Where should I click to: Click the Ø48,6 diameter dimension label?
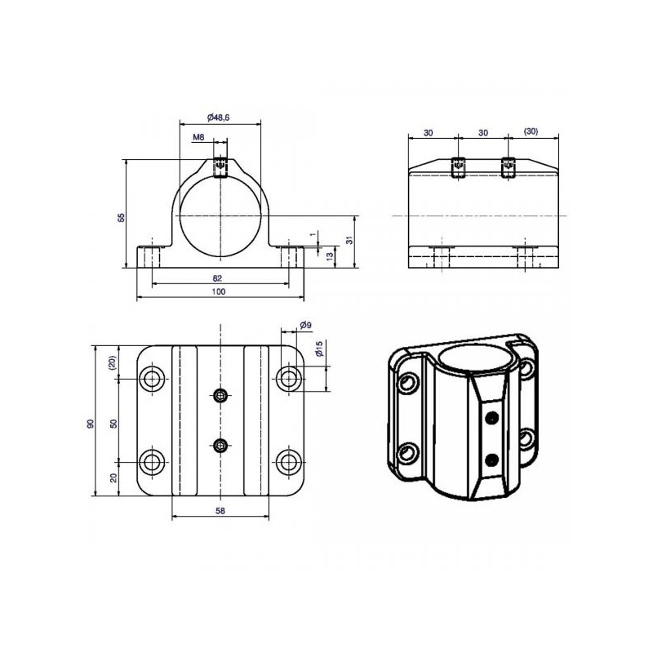click(x=218, y=118)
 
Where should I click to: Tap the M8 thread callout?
click(x=198, y=137)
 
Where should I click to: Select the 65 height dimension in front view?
click(x=121, y=217)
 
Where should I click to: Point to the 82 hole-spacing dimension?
click(x=217, y=278)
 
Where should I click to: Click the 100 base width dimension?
click(x=219, y=291)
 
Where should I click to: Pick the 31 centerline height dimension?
click(x=349, y=240)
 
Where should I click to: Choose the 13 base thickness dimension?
click(x=330, y=256)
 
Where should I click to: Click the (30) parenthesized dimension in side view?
click(x=531, y=131)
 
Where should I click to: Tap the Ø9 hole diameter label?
click(x=305, y=325)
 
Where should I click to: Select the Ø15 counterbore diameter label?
click(x=319, y=349)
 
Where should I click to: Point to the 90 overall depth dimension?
click(x=91, y=424)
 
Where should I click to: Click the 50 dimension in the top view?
click(x=113, y=424)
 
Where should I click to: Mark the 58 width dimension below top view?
click(x=220, y=510)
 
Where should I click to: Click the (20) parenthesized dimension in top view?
click(x=113, y=362)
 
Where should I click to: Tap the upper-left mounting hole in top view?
click(x=152, y=379)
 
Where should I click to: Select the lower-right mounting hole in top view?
click(x=288, y=462)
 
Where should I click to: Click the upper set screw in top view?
click(x=220, y=395)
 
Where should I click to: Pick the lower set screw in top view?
click(x=220, y=446)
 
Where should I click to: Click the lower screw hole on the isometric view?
click(x=492, y=460)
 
